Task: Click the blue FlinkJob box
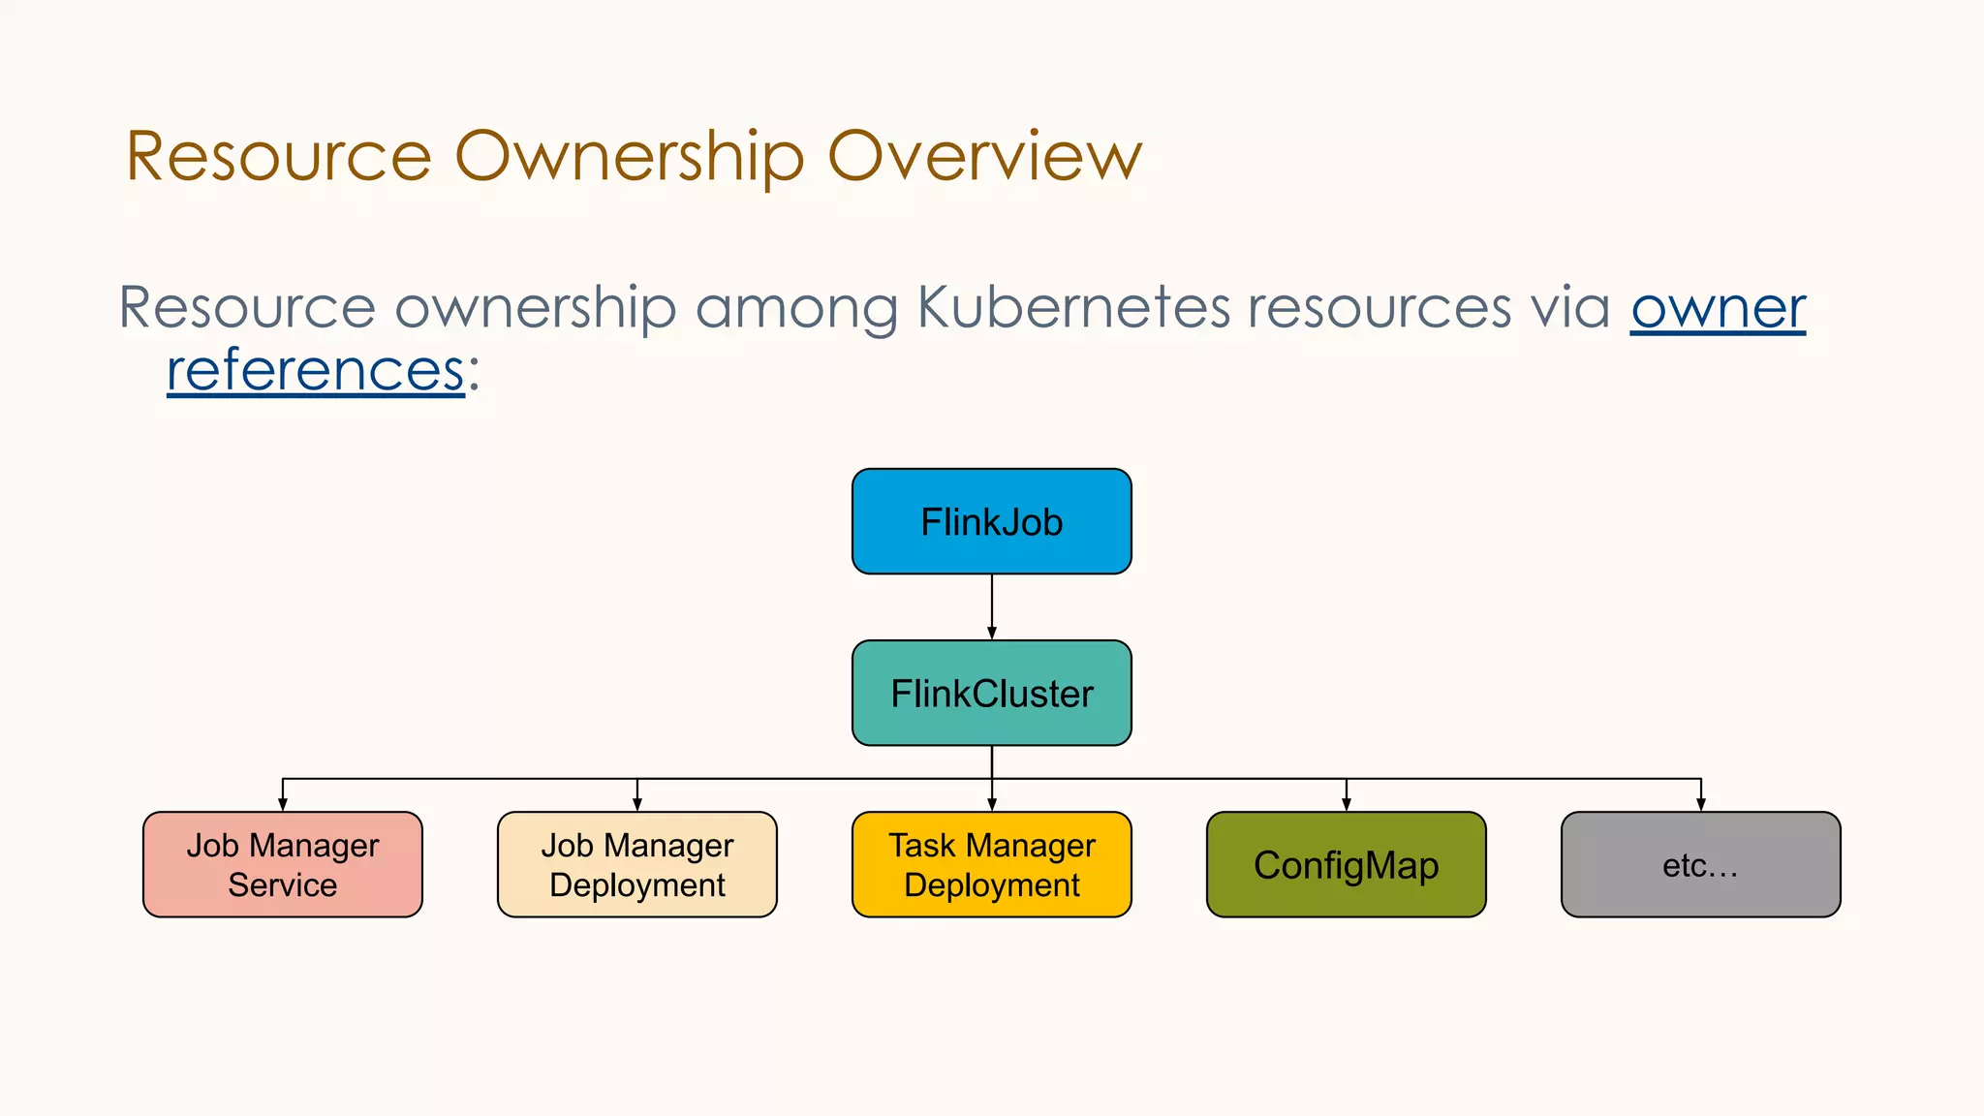click(x=991, y=522)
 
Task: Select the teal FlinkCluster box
click(x=991, y=694)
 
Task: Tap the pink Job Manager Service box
click(x=282, y=865)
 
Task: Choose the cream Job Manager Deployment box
click(x=636, y=865)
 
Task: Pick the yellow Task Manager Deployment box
click(x=991, y=865)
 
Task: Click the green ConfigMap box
click(x=1346, y=865)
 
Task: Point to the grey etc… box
click(x=1700, y=865)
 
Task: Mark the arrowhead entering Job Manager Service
click(x=282, y=804)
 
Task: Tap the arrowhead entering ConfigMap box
click(x=1346, y=804)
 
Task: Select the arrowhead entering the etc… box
click(x=1700, y=804)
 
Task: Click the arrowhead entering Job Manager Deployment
click(x=636, y=804)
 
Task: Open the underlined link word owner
click(x=1718, y=309)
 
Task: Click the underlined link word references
click(x=315, y=371)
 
